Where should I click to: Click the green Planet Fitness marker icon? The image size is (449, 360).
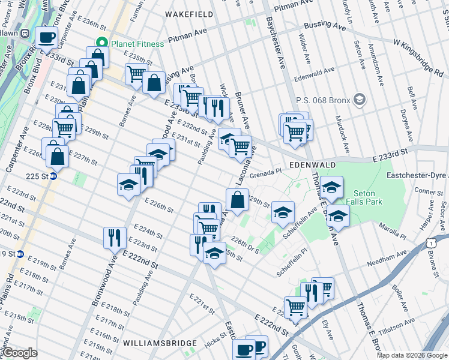pos(101,44)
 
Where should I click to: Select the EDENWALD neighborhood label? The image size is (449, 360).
pos(310,164)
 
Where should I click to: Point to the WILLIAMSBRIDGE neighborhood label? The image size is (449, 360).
pos(160,343)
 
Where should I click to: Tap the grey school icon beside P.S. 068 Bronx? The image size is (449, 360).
pos(360,98)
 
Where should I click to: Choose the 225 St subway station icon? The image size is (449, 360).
pos(53,176)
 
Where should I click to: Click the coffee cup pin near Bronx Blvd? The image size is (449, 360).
pos(47,38)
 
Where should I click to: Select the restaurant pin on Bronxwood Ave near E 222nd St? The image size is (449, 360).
pos(114,238)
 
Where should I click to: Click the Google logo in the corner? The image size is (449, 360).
pos(19,353)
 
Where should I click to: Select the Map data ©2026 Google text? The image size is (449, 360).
pos(412,355)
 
